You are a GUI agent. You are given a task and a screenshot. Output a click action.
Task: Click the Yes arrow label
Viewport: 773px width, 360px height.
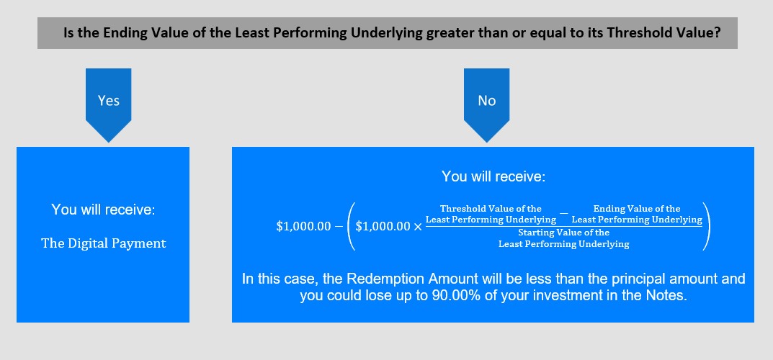pyautogui.click(x=109, y=101)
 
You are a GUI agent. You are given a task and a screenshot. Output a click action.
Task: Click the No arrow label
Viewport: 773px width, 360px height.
pyautogui.click(x=486, y=101)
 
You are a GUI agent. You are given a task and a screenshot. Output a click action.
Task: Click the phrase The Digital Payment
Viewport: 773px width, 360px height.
pyautogui.click(x=104, y=243)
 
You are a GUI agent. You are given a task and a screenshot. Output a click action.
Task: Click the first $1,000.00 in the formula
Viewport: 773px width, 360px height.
pyautogui.click(x=303, y=226)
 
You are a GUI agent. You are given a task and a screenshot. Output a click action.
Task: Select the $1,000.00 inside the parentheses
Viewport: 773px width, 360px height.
pyautogui.click(x=383, y=226)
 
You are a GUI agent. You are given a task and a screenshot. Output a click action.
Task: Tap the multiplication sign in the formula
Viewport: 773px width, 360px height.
pyautogui.click(x=418, y=227)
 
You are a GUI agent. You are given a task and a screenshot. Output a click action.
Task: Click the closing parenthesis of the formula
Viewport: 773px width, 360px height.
pyautogui.click(x=707, y=227)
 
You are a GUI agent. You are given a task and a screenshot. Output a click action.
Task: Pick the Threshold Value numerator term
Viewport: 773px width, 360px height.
pyautogui.click(x=491, y=215)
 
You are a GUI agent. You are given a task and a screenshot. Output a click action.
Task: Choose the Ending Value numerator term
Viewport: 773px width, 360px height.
pyautogui.click(x=637, y=215)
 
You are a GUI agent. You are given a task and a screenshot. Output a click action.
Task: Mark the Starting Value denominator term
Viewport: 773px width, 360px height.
pyautogui.click(x=564, y=238)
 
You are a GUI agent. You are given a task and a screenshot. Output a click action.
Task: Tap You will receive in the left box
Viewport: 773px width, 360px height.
pyautogui.click(x=103, y=210)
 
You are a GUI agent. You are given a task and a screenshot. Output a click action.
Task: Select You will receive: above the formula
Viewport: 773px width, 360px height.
pyautogui.click(x=493, y=177)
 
